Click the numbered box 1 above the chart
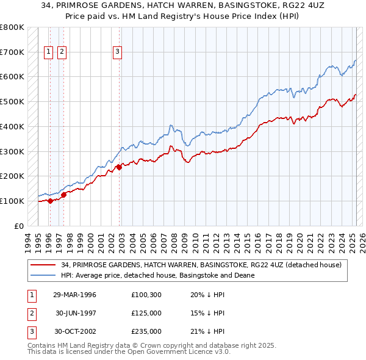coord(48,52)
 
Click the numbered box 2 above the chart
coord(62,52)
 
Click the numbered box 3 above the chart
coord(117,52)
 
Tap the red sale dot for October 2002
coord(119,167)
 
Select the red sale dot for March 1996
coord(50,201)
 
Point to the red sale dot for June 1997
coord(63,195)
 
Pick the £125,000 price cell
coord(146,313)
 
